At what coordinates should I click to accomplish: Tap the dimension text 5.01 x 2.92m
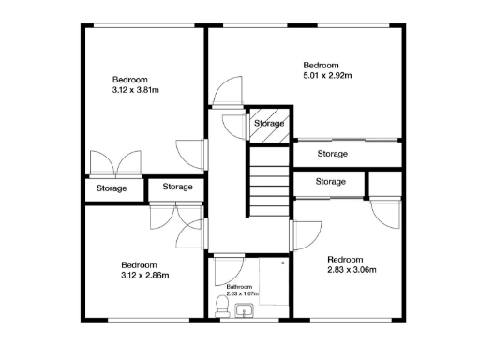pos(328,75)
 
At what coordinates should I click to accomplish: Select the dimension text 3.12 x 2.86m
pos(146,277)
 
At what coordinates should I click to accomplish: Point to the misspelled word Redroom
pos(344,259)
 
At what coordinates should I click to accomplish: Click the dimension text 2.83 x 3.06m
pos(352,270)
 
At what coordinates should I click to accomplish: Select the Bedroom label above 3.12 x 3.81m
pos(130,79)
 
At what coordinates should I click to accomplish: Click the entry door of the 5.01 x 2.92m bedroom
pos(226,94)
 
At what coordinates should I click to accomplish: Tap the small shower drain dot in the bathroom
pos(282,264)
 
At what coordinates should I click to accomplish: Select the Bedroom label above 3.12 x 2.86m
pos(139,264)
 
